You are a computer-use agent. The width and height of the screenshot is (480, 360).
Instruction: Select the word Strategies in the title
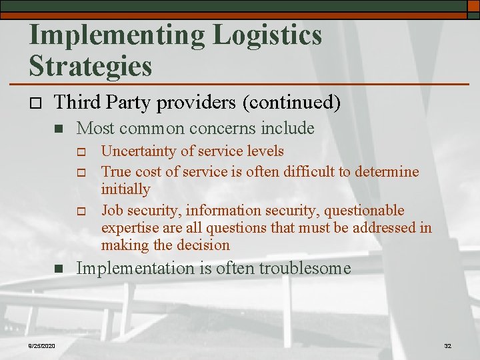coord(91,66)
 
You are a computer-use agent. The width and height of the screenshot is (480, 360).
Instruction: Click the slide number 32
coord(447,346)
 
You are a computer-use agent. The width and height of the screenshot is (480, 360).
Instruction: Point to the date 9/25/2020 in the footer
coord(41,346)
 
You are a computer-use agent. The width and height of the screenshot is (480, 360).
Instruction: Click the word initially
coord(125,189)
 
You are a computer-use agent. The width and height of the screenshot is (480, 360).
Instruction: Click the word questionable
coord(364,211)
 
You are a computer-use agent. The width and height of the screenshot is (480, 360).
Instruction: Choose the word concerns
coord(223,127)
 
